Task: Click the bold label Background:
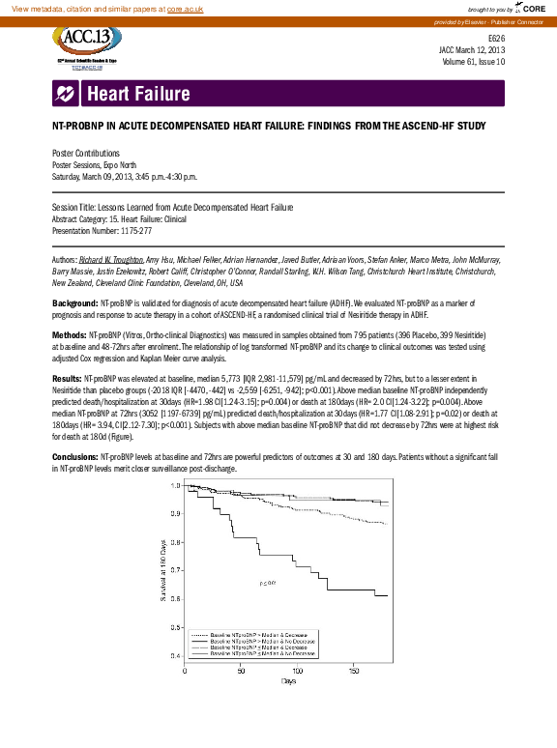click(74, 302)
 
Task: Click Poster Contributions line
click(85, 154)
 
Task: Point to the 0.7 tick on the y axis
click(175, 570)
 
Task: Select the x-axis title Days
click(288, 681)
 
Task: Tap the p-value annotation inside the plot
click(267, 583)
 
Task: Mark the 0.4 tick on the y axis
click(175, 656)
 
